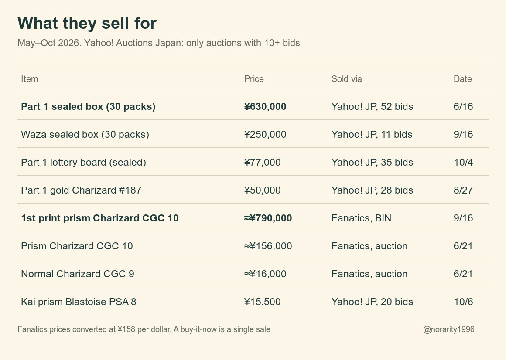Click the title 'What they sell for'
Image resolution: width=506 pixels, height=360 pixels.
(87, 23)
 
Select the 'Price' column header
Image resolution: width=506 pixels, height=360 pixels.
(254, 79)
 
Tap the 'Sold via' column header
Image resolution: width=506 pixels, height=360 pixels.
(347, 79)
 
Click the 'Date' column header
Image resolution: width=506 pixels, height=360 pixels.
(463, 79)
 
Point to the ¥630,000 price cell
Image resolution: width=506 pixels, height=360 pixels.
(265, 107)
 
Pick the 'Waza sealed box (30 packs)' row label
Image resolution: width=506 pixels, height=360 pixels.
(85, 134)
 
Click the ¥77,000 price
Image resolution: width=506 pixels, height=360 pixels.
(262, 163)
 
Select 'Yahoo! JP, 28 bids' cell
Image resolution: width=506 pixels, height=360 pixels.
(372, 190)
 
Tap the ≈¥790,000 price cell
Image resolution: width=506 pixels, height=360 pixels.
(268, 218)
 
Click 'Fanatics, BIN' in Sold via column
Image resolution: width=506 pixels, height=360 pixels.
(362, 218)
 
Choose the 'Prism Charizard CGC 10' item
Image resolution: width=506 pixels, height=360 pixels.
(77, 246)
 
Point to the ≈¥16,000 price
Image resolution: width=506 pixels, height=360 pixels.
(265, 274)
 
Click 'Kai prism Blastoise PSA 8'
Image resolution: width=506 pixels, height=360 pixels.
(79, 302)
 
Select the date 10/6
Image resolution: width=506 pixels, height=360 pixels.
(463, 302)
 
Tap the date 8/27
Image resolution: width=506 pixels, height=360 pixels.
(463, 190)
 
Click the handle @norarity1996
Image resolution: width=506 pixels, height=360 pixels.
(449, 329)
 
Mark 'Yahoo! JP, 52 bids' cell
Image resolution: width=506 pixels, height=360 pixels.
(372, 107)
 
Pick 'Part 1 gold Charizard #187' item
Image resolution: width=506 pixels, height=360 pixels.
(81, 190)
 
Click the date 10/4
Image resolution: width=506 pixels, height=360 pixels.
(463, 163)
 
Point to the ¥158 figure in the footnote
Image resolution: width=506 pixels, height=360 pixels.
(126, 329)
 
